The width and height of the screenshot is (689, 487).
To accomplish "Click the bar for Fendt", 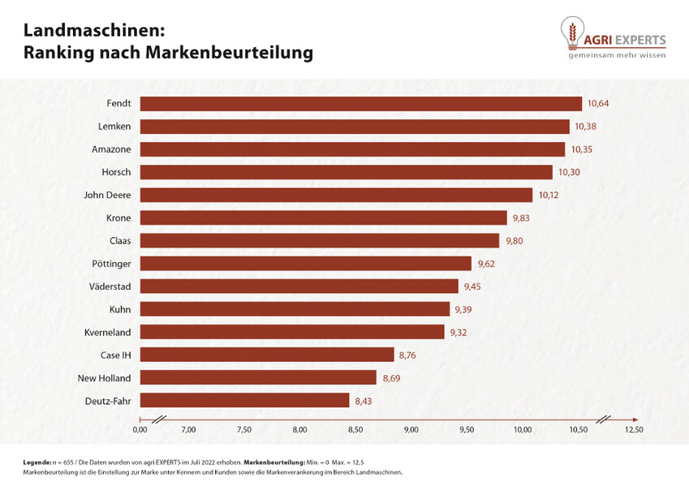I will [x=361, y=104].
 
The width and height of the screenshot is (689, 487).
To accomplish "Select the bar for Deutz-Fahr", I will [x=244, y=400].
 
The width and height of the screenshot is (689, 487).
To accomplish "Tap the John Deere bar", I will [x=336, y=195].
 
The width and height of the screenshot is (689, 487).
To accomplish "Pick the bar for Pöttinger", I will [x=305, y=264].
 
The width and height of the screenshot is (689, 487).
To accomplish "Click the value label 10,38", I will [x=587, y=127].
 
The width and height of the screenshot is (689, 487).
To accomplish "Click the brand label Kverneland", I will [x=107, y=332].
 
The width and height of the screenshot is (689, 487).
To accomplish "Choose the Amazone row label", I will [x=111, y=149].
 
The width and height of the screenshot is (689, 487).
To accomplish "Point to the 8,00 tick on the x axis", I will [x=299, y=429].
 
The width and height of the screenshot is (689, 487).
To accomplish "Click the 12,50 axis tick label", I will [x=633, y=429].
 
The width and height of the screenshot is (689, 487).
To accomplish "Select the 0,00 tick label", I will [x=140, y=429].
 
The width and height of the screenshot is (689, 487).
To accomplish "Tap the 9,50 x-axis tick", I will [x=467, y=429].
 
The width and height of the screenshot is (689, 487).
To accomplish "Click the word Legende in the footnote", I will [x=37, y=462].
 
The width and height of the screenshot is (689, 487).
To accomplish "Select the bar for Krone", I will [x=323, y=218].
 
